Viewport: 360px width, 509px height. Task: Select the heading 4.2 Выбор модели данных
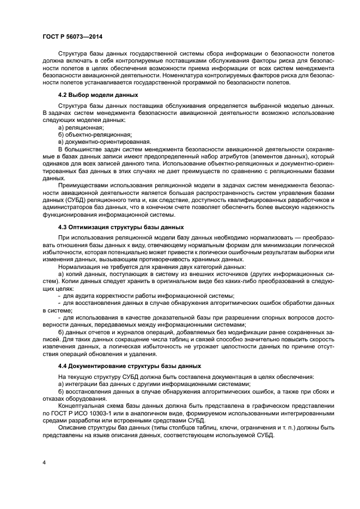click(90, 94)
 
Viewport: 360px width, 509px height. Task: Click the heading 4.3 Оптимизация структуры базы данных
click(121, 226)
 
